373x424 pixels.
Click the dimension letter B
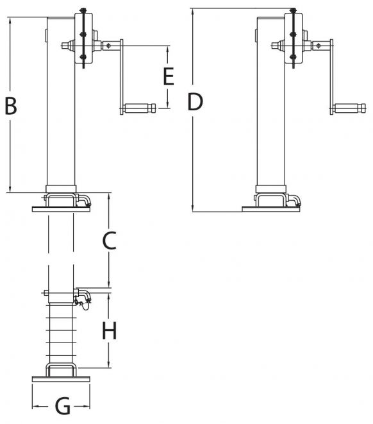[x=11, y=106]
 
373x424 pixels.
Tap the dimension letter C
[x=110, y=241]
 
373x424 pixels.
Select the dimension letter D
[x=195, y=102]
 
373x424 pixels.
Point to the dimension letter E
[x=169, y=76]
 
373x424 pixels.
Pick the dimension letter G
[x=63, y=407]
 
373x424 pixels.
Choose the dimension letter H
[x=110, y=330]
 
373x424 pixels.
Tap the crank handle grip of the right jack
[x=349, y=108]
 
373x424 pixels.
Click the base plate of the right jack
[x=271, y=209]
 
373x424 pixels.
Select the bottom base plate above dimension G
[x=61, y=379]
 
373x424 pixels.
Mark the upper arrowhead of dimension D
[x=192, y=12]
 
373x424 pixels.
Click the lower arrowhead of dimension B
[x=10, y=189]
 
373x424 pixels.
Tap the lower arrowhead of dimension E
[x=167, y=105]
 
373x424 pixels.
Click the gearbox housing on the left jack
[x=84, y=38]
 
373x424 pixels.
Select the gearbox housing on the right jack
[x=294, y=38]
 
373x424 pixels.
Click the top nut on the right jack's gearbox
[x=293, y=10]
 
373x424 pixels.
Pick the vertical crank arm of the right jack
[x=331, y=77]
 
